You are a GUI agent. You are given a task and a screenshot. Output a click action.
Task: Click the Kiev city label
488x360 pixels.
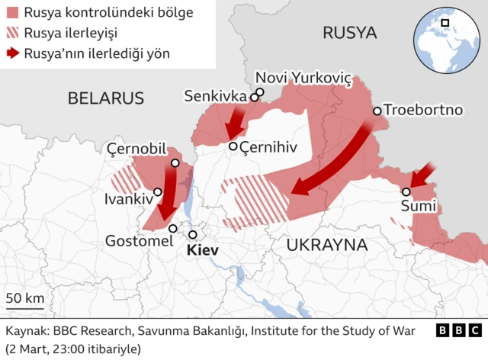[x=201, y=251]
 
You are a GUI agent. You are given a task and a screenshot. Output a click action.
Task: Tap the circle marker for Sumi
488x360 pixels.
[x=406, y=192]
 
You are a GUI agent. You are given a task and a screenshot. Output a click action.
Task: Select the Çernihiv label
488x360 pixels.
[x=267, y=146]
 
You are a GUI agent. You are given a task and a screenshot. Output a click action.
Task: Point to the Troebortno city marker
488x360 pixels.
[x=377, y=111]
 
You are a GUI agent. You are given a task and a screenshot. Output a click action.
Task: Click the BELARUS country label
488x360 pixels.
[x=105, y=98]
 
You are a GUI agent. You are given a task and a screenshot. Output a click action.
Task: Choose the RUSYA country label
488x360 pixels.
[x=349, y=32]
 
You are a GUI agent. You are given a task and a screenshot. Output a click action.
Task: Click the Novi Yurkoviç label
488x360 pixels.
[x=303, y=78]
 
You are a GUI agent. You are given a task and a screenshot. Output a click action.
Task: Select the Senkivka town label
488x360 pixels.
[x=215, y=96]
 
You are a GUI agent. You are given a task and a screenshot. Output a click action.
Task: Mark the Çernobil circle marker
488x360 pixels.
[x=175, y=162]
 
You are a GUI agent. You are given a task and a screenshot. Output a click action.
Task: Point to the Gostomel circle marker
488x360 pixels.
[x=173, y=228]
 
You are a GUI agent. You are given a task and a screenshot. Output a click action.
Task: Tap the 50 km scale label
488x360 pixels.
[x=24, y=297]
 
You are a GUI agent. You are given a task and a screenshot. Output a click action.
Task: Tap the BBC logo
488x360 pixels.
[x=459, y=331]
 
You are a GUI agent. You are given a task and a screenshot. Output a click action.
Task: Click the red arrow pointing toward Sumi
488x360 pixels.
[x=422, y=175]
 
